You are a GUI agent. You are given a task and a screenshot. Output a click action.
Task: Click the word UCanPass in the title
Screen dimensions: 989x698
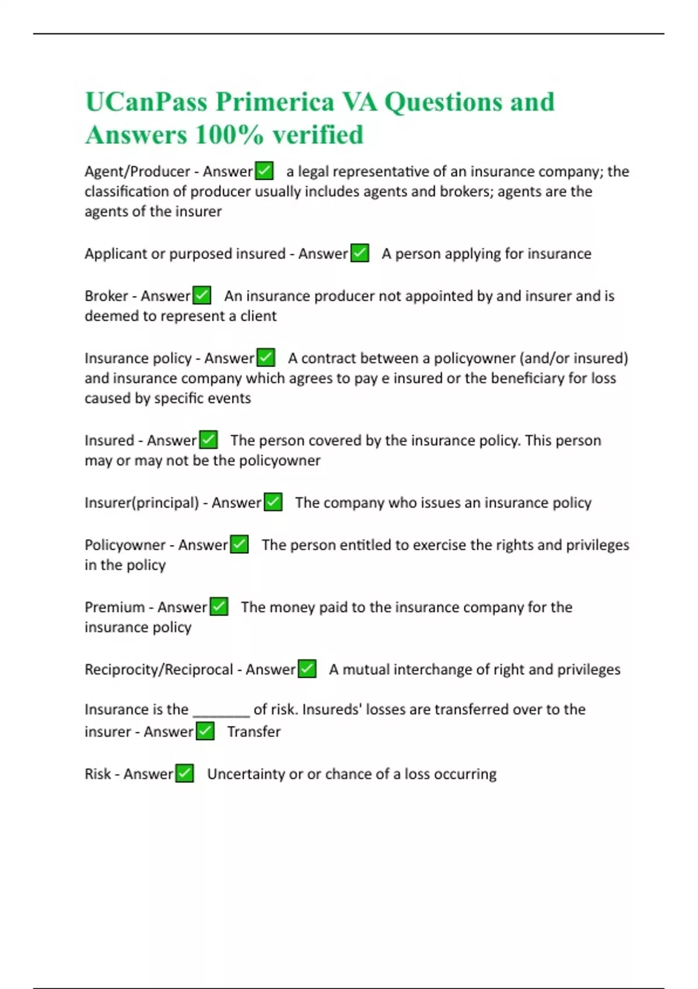pos(146,102)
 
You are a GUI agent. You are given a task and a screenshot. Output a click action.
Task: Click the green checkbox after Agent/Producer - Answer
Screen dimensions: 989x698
pos(265,171)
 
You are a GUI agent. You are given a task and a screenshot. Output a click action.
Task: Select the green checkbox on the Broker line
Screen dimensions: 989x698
pos(202,296)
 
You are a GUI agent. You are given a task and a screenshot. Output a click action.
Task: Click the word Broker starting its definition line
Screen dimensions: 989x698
pos(106,296)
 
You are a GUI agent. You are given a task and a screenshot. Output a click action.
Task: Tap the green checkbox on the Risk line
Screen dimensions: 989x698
pos(184,774)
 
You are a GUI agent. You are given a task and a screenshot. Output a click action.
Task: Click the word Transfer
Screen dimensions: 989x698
pos(254,732)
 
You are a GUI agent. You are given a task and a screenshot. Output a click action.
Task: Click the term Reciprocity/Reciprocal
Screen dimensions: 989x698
pos(159,670)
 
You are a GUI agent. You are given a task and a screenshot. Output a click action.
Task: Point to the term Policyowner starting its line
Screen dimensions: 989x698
pos(125,545)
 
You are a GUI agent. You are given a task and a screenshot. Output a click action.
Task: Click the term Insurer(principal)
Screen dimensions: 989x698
pos(142,503)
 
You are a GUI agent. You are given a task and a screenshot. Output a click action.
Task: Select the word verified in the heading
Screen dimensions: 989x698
pos(318,136)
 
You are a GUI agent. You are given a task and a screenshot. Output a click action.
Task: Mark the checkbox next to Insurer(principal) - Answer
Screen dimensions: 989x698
pos(273,502)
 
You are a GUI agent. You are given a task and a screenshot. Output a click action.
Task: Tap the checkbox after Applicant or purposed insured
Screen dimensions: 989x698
pos(360,254)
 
